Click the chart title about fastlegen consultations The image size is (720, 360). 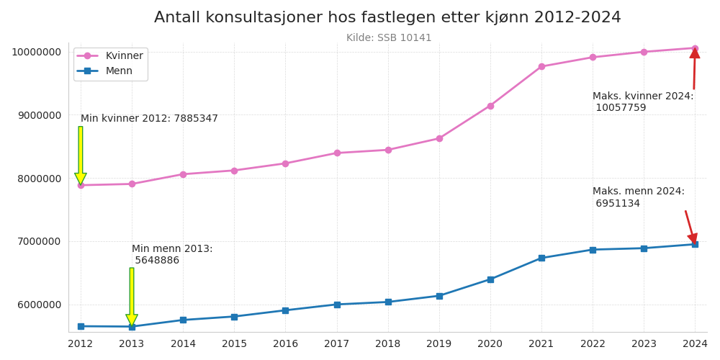pos(387,18)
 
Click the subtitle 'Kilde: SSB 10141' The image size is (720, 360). pos(389,38)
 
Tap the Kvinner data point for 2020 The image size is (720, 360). pos(490,106)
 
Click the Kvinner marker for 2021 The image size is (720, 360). pos(541,66)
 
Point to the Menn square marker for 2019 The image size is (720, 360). pos(439,296)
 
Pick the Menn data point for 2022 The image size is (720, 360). pos(593,250)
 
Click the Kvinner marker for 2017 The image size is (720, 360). pos(337,153)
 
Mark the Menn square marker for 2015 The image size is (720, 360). pos(234,317)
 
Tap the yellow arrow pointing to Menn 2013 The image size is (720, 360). pos(132,296)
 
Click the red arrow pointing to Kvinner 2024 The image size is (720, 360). pos(694,69)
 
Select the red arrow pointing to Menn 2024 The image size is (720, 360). pos(690,227)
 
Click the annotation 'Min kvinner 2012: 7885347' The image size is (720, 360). pos(149,119)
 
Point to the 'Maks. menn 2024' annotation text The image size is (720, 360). pos(638,197)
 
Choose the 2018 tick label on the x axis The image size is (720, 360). pos(388,344)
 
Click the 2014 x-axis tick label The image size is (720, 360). pos(183,344)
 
